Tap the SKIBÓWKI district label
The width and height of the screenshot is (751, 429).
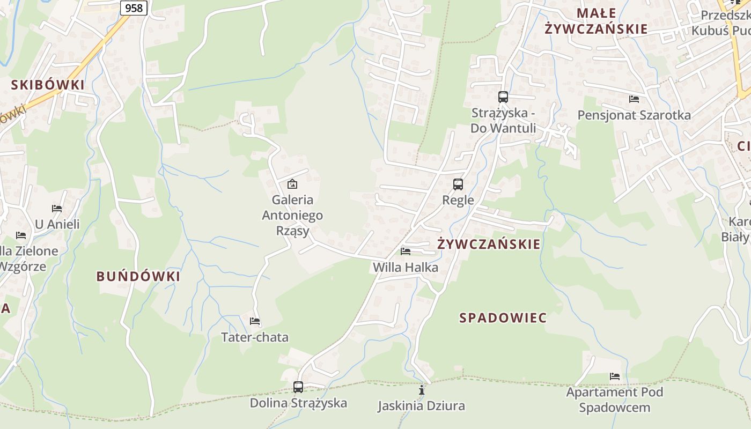[48, 85]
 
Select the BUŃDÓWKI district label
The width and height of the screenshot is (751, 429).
[138, 277]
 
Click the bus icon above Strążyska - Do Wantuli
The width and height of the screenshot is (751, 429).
[503, 97]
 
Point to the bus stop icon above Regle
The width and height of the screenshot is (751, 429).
[458, 184]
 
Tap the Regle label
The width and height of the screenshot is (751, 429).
[458, 200]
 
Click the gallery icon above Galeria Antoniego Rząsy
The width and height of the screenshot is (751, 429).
[292, 184]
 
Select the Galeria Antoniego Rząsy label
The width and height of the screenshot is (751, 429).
[292, 215]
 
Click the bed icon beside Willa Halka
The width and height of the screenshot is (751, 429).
[406, 251]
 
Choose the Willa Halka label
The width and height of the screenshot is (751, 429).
[406, 267]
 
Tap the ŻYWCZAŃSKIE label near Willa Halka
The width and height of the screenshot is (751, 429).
[489, 245]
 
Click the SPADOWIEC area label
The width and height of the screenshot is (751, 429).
[503, 318]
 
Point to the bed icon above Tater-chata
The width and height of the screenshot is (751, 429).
[255, 321]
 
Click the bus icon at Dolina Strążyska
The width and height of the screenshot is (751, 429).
[298, 387]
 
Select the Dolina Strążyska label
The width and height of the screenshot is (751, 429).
[298, 403]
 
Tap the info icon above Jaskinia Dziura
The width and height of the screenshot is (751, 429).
[422, 390]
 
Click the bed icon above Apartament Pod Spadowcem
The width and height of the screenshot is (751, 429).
[615, 376]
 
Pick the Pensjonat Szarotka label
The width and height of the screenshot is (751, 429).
[634, 115]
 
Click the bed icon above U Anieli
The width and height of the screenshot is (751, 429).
[57, 209]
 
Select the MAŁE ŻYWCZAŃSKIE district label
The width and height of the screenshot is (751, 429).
[596, 21]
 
